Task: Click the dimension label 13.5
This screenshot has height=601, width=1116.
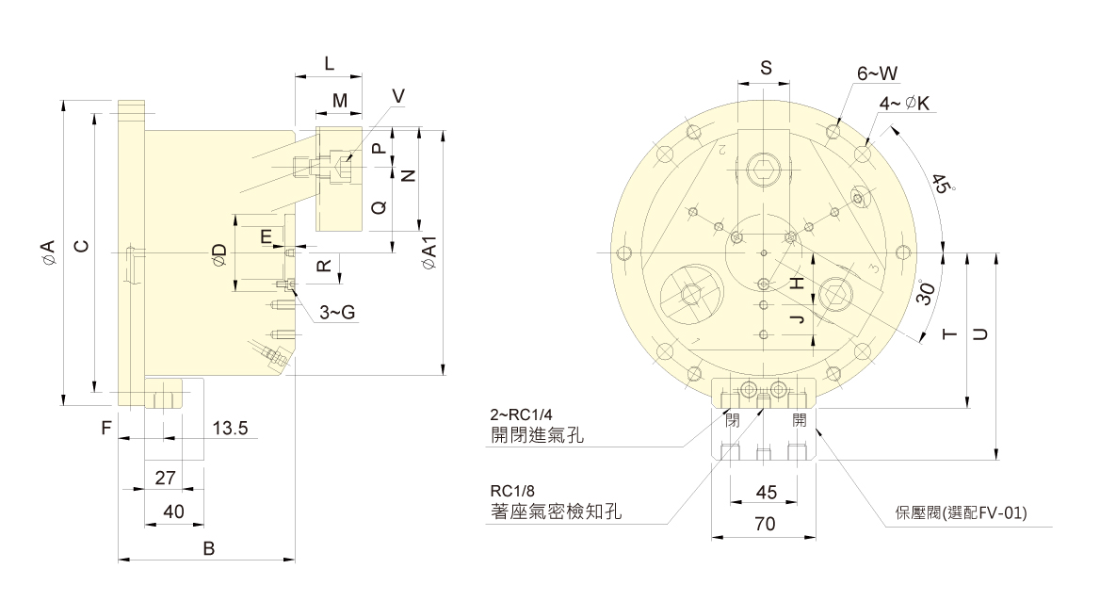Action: click(x=230, y=429)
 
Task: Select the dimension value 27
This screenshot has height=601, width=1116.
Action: click(x=166, y=478)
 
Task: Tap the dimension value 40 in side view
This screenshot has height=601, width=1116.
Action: click(x=172, y=512)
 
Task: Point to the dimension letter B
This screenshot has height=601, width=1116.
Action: click(x=210, y=547)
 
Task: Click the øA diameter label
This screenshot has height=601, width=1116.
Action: click(x=47, y=252)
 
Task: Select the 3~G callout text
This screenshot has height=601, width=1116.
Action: click(x=336, y=313)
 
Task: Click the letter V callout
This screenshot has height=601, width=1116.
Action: click(x=398, y=96)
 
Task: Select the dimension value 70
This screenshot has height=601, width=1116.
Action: click(x=765, y=526)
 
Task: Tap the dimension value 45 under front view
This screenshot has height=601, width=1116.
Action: click(x=767, y=492)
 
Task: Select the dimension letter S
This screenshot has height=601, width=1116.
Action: click(x=766, y=67)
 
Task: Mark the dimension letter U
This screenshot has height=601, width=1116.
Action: click(x=979, y=333)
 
